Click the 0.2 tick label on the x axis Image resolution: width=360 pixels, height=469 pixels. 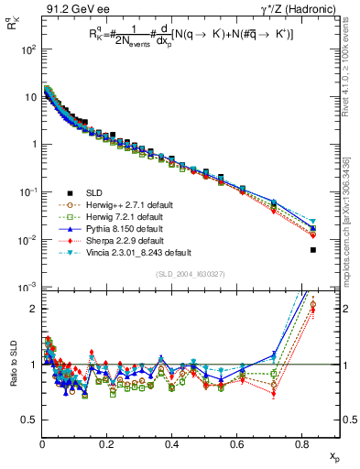pyautogui.click(x=107, y=446)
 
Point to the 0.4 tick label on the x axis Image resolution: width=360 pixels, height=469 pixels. pyautogui.click(x=172, y=446)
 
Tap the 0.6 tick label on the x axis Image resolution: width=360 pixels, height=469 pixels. pyautogui.click(x=237, y=446)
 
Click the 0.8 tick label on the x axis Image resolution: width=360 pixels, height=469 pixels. pyautogui.click(x=302, y=446)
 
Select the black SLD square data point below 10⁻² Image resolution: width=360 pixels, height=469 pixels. pyautogui.click(x=313, y=250)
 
